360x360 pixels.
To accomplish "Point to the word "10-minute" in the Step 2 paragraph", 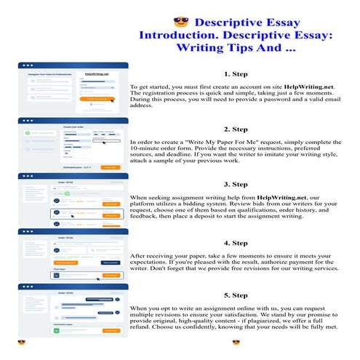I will (x=149, y=149).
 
